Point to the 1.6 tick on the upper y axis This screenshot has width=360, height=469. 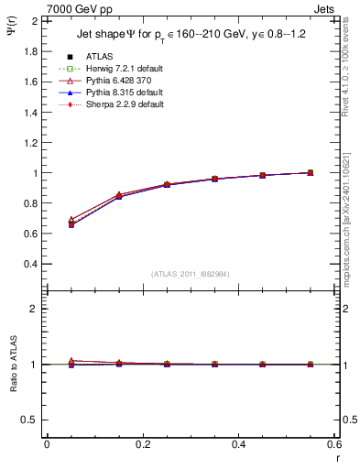point(32,82)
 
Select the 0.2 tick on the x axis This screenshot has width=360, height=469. point(142,444)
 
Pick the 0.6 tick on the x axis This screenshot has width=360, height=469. point(334,444)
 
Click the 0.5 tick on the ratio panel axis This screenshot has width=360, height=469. point(32,420)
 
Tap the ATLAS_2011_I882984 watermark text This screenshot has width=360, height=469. point(191,273)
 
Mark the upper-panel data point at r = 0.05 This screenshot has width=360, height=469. point(71,223)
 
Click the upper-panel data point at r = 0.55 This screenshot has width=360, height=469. point(311,172)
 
